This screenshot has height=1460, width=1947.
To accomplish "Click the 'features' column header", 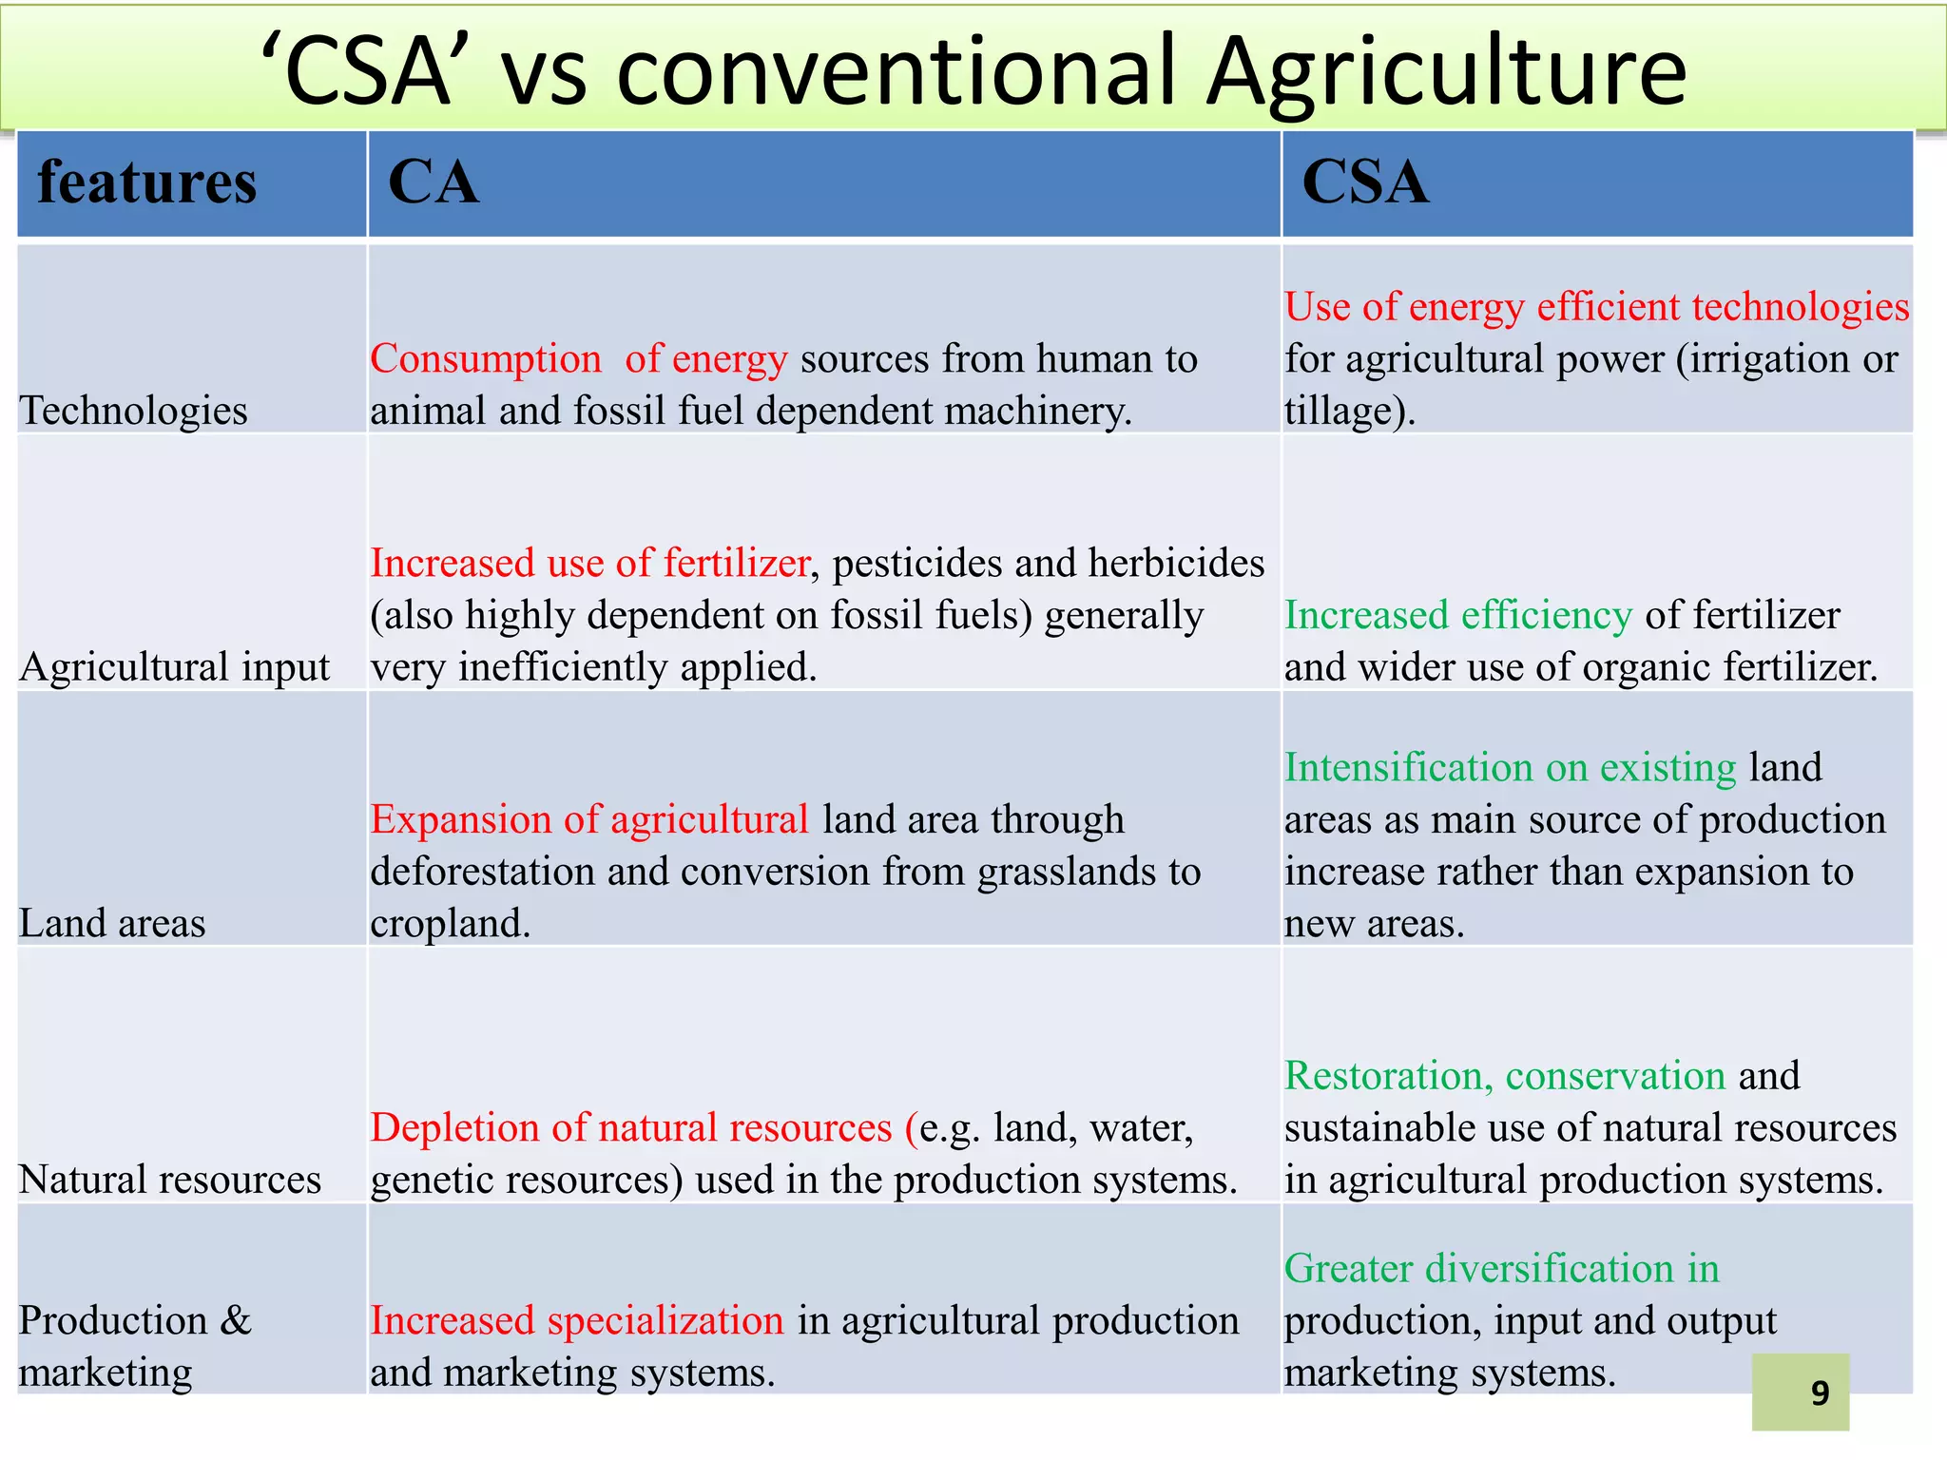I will tap(146, 182).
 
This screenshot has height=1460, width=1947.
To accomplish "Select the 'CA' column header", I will tap(434, 182).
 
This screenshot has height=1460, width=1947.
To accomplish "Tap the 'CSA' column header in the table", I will tap(1364, 182).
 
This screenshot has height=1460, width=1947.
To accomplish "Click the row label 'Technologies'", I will tap(133, 412).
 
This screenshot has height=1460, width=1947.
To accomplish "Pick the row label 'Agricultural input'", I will tap(174, 667).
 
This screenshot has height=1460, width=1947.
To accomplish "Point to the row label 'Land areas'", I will tap(112, 924).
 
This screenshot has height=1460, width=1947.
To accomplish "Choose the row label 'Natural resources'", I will tap(170, 1181).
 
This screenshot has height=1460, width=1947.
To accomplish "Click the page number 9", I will tap(1820, 1393).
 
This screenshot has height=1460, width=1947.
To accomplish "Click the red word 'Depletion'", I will tap(454, 1128).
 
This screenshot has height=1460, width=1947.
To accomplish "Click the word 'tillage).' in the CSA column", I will tap(1350, 412).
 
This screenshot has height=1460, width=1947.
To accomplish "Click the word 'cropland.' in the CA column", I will tap(450, 924).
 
